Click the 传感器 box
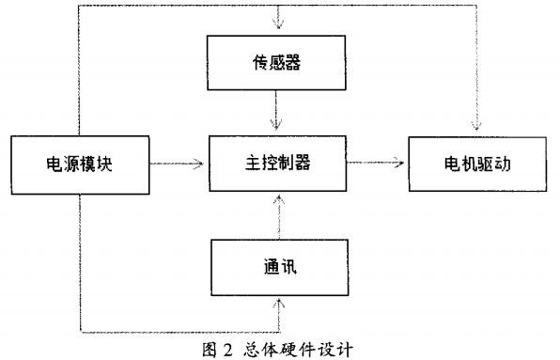(x=276, y=63)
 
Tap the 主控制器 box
(x=276, y=163)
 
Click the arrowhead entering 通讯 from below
(x=278, y=305)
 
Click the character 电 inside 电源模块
(x=53, y=163)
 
